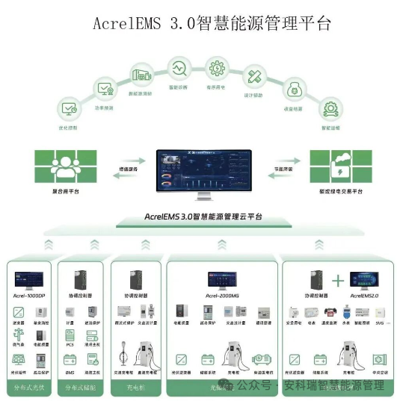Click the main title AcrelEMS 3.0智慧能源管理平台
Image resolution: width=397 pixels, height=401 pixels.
pyautogui.click(x=212, y=23)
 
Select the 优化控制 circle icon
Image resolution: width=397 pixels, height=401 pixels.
pyautogui.click(x=69, y=110)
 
